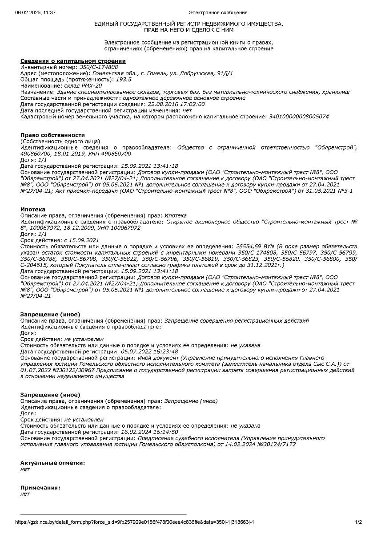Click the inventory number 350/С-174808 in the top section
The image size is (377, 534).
click(x=99, y=67)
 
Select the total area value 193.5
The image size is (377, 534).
click(x=124, y=79)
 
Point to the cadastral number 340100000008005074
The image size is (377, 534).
click(x=299, y=117)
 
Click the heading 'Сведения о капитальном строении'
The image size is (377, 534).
click(x=73, y=61)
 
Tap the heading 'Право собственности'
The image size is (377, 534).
click(x=52, y=135)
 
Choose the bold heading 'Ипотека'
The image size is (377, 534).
click(x=33, y=209)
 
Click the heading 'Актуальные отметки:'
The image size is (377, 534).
click(x=52, y=463)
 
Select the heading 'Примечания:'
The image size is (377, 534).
click(x=40, y=488)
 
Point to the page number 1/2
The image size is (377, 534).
click(x=358, y=522)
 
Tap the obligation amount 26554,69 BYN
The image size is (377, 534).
click(x=255, y=246)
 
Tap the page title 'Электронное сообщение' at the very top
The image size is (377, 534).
click(x=218, y=13)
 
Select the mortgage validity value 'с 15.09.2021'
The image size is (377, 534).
click(x=81, y=240)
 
